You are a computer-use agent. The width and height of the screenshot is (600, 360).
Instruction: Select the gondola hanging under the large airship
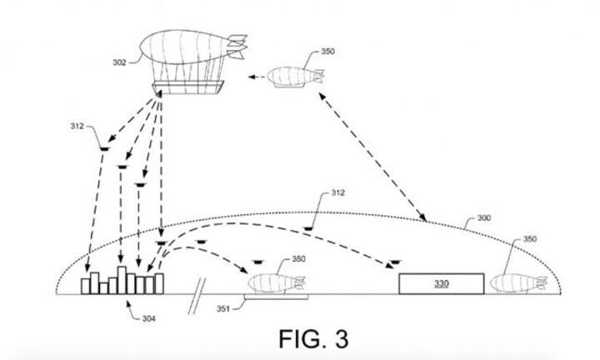[187, 87]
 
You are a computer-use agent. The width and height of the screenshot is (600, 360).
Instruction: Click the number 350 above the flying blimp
[327, 52]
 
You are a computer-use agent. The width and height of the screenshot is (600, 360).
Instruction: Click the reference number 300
[483, 218]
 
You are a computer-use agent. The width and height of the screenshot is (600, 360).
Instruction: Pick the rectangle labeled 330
[441, 283]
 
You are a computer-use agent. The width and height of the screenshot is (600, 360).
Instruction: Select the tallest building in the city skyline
[122, 279]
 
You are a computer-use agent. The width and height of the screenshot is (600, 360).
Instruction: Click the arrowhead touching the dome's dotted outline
[423, 221]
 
